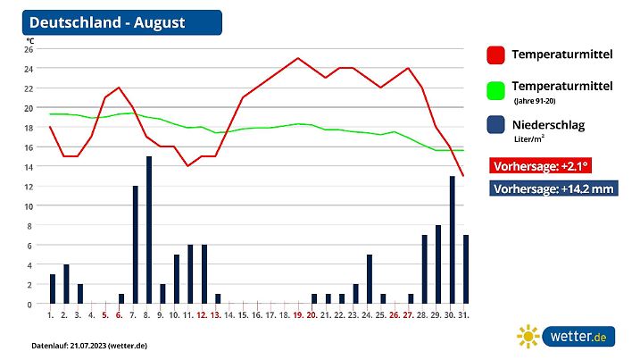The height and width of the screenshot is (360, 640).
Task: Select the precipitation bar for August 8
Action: [x=149, y=230]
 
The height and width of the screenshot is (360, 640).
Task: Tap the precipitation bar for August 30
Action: [x=453, y=240]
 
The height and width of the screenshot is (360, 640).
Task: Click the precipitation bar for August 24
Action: [x=370, y=280]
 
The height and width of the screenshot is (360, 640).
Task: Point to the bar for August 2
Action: [x=66, y=284]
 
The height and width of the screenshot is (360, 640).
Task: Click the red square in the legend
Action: [x=496, y=54]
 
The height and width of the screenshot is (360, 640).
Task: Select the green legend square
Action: [x=496, y=90]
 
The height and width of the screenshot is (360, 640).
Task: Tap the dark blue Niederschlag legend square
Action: [x=496, y=126]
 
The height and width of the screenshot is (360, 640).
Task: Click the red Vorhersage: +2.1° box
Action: [x=541, y=166]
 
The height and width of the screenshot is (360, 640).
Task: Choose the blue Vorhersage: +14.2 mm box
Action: [x=555, y=188]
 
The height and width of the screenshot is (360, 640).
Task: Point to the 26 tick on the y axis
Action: [x=29, y=49]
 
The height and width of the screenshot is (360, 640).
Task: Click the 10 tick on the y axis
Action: [x=29, y=206]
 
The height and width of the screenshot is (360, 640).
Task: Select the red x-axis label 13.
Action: [x=216, y=315]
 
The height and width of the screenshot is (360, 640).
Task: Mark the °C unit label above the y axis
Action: [x=29, y=40]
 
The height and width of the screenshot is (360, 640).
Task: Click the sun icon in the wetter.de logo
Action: [x=529, y=337]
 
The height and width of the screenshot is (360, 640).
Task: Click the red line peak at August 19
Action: [x=298, y=58]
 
